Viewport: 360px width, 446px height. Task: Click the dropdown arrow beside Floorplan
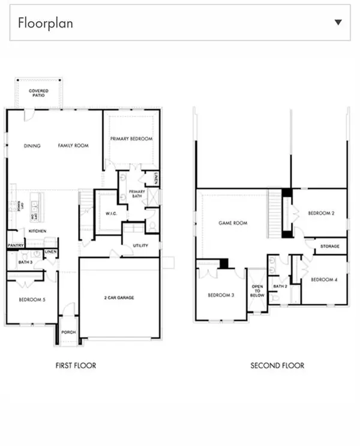338,23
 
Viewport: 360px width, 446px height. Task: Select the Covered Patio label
38,94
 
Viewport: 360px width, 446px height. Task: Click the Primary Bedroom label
131,139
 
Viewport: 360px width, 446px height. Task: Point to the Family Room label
73,146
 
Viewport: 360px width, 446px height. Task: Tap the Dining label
32,146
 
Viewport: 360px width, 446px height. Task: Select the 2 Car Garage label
119,298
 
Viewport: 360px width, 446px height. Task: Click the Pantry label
15,246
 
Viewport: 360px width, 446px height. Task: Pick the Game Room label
232,223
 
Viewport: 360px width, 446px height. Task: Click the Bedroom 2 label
321,213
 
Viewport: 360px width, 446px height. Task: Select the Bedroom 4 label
323,280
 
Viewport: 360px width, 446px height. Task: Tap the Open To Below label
257,291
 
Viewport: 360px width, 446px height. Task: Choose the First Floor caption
76,366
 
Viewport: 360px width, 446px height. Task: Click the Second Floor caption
277,366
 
